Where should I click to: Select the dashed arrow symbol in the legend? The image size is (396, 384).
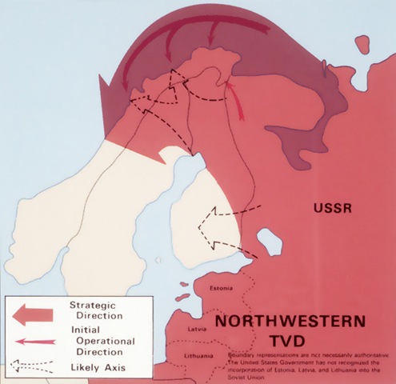(32, 369)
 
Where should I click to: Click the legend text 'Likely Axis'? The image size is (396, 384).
(95, 368)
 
